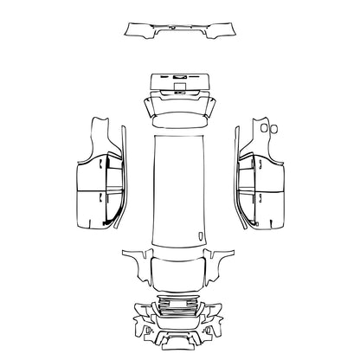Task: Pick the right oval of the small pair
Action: (274, 129)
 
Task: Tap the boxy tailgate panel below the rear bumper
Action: (180, 84)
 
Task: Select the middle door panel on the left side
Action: (90, 177)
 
